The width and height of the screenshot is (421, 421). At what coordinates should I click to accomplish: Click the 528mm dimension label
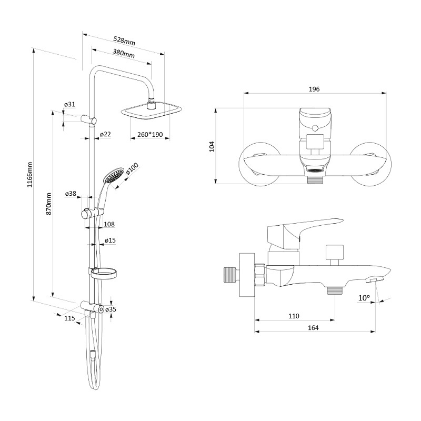click(x=124, y=41)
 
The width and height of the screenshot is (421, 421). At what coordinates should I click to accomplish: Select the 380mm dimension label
click(x=124, y=53)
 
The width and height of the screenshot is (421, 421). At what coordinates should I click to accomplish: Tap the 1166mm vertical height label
click(x=30, y=175)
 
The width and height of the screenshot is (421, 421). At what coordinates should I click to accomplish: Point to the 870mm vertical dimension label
click(x=48, y=204)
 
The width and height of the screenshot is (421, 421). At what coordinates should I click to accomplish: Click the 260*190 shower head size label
click(x=150, y=134)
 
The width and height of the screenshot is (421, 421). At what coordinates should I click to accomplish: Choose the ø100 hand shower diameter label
click(x=132, y=169)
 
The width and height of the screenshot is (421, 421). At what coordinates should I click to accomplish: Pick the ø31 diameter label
click(x=69, y=104)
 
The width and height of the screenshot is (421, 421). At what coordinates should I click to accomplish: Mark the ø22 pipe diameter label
click(x=105, y=134)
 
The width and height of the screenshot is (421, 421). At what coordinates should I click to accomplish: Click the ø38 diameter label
click(x=71, y=193)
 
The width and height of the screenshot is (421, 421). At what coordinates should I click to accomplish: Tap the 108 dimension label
click(x=109, y=224)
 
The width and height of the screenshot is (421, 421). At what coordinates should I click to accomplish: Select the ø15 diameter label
click(x=110, y=240)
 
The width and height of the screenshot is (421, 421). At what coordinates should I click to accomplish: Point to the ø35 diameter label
click(x=111, y=309)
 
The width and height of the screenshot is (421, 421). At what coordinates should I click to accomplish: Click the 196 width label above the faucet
click(x=314, y=89)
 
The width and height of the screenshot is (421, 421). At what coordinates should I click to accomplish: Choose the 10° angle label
click(x=364, y=298)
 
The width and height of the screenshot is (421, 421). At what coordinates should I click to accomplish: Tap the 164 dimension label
click(x=313, y=327)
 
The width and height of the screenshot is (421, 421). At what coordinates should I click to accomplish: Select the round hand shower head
click(x=114, y=176)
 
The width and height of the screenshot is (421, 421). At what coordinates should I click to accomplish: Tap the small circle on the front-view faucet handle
click(x=315, y=128)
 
